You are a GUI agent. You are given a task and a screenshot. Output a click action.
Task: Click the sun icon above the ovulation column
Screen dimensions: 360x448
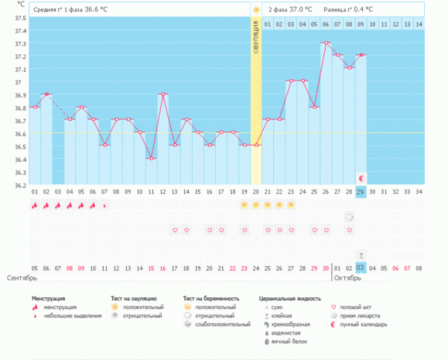[x=256, y=10]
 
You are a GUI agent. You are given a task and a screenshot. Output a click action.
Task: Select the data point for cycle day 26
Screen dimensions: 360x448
[x=326, y=43]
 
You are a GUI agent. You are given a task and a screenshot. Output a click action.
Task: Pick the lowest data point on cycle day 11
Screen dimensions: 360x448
[x=151, y=158]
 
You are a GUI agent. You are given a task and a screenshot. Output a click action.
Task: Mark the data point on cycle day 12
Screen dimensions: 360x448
[x=163, y=94]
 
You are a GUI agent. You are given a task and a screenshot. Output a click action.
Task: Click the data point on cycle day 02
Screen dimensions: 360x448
[x=46, y=94]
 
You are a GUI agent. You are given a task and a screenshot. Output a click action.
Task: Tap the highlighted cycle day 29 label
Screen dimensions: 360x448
[x=361, y=192]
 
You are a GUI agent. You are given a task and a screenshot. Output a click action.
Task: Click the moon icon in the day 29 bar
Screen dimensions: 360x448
[x=362, y=179]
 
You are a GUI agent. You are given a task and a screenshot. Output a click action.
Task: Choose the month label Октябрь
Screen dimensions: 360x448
[x=346, y=278]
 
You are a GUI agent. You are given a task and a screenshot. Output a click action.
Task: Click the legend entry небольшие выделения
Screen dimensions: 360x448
[x=71, y=315]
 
